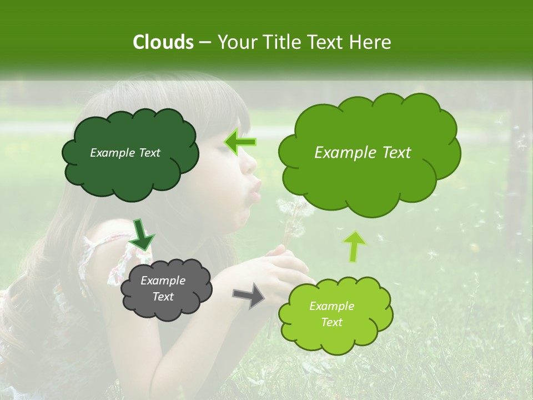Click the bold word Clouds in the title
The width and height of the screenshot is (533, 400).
point(163,42)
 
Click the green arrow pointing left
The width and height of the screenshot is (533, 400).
point(240,142)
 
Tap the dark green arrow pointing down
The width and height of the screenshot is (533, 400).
point(143,234)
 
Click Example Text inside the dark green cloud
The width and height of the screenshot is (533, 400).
point(125,153)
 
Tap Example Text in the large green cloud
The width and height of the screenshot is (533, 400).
point(363,153)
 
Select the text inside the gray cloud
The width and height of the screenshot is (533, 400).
point(163,289)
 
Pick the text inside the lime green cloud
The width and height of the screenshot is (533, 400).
point(331,314)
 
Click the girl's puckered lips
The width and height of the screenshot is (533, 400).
point(255,189)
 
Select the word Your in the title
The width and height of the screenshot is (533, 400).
point(237,42)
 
